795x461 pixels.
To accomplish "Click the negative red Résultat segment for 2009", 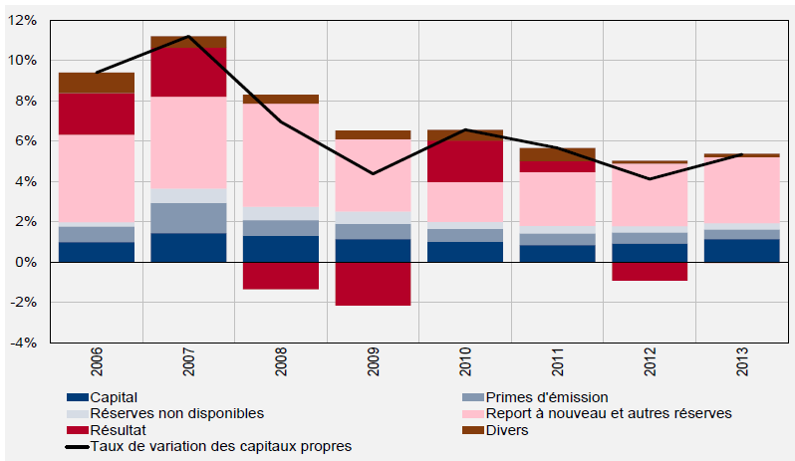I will click(373, 284).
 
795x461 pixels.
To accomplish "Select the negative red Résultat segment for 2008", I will click(280, 276).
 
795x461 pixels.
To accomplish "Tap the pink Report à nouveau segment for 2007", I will click(188, 141).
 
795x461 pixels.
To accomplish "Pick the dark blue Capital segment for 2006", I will click(97, 252).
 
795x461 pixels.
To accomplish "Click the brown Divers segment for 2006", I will click(97, 83).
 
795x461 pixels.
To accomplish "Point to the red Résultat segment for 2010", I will click(464, 161).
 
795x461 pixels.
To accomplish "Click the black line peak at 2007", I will click(188, 37).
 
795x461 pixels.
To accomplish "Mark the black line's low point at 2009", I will click(373, 173).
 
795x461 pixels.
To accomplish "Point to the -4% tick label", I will click(24, 343).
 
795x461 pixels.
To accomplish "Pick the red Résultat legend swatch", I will click(76, 430).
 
